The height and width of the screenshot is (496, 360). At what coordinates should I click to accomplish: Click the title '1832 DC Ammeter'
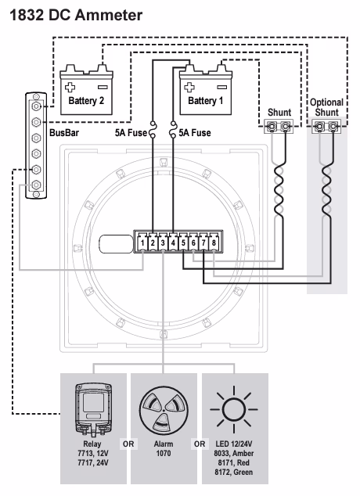click(x=76, y=15)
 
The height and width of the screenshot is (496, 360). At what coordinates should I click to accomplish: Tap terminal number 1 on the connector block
click(x=142, y=243)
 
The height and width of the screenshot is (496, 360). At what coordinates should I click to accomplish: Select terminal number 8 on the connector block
click(x=214, y=243)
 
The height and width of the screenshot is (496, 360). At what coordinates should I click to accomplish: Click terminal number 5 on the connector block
click(x=183, y=243)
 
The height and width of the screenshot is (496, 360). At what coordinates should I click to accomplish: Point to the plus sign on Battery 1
click(x=189, y=87)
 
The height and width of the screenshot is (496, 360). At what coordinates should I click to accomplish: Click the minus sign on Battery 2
click(x=103, y=87)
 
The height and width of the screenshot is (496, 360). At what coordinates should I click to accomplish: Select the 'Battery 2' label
click(x=86, y=101)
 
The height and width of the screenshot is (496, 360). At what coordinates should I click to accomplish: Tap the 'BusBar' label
click(x=64, y=132)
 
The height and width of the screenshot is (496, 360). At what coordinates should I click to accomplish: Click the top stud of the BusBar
click(x=36, y=106)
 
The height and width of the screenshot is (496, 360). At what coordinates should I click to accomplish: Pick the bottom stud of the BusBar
click(x=36, y=185)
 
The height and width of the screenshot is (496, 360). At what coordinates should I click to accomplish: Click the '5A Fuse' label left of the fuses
click(x=131, y=132)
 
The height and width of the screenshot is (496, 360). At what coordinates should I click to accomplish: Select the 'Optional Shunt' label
click(x=327, y=107)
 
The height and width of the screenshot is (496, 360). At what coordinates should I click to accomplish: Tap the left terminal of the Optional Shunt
click(x=320, y=127)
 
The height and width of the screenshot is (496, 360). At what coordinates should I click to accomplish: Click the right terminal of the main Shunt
click(x=286, y=127)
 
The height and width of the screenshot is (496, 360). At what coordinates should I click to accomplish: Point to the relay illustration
click(x=93, y=409)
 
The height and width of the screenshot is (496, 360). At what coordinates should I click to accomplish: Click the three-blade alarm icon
click(x=164, y=410)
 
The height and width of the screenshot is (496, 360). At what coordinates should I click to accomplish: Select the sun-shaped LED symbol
click(x=234, y=409)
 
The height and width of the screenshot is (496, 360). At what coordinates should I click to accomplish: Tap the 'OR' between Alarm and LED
click(x=200, y=444)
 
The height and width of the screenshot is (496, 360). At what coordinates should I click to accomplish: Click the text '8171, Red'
click(x=234, y=462)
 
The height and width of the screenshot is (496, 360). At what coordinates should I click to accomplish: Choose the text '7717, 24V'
click(x=93, y=462)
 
